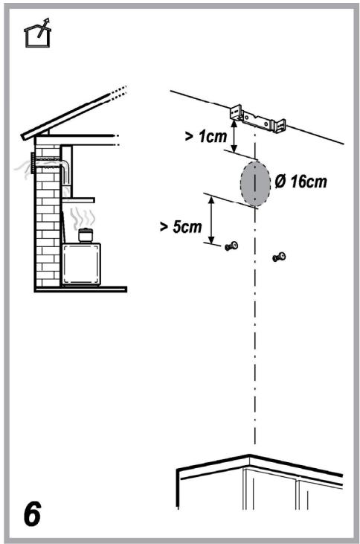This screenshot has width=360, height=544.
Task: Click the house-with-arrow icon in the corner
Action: pyautogui.click(x=37, y=33)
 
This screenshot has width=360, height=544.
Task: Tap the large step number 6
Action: pyautogui.click(x=32, y=513)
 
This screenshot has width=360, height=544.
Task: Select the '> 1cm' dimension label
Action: pyautogui.click(x=206, y=136)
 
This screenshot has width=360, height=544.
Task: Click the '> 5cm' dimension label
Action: pyautogui.click(x=181, y=227)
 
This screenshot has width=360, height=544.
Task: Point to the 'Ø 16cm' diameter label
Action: pyautogui.click(x=300, y=182)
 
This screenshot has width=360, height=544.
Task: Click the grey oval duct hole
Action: pyautogui.click(x=255, y=184)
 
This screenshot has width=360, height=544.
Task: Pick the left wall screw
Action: pyautogui.click(x=231, y=246)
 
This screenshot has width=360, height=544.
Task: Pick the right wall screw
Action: pyautogui.click(x=279, y=257)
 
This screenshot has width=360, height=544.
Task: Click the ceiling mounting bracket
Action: pyautogui.click(x=258, y=120)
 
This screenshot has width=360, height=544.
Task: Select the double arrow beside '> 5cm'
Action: pyautogui.click(x=211, y=220)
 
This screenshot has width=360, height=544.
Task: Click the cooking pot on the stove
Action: pyautogui.click(x=85, y=235)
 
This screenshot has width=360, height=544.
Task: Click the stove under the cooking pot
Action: pyautogui.click(x=82, y=264)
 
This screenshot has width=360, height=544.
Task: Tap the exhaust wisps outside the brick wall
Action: pyautogui.click(x=23, y=169)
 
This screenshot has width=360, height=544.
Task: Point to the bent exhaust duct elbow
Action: pyautogui.click(x=66, y=166)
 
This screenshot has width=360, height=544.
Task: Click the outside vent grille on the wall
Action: pyautogui.click(x=33, y=163)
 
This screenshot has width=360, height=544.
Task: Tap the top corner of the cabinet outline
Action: pyautogui.click(x=249, y=455)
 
